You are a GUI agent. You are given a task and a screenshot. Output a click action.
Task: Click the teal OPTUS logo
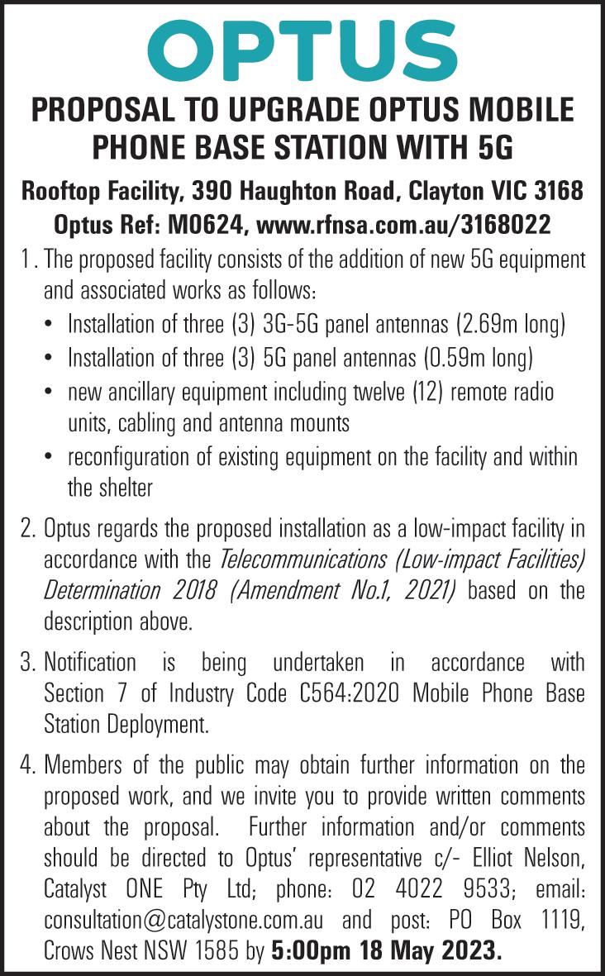(302, 50)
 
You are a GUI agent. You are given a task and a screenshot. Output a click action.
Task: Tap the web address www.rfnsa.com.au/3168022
(405, 224)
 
